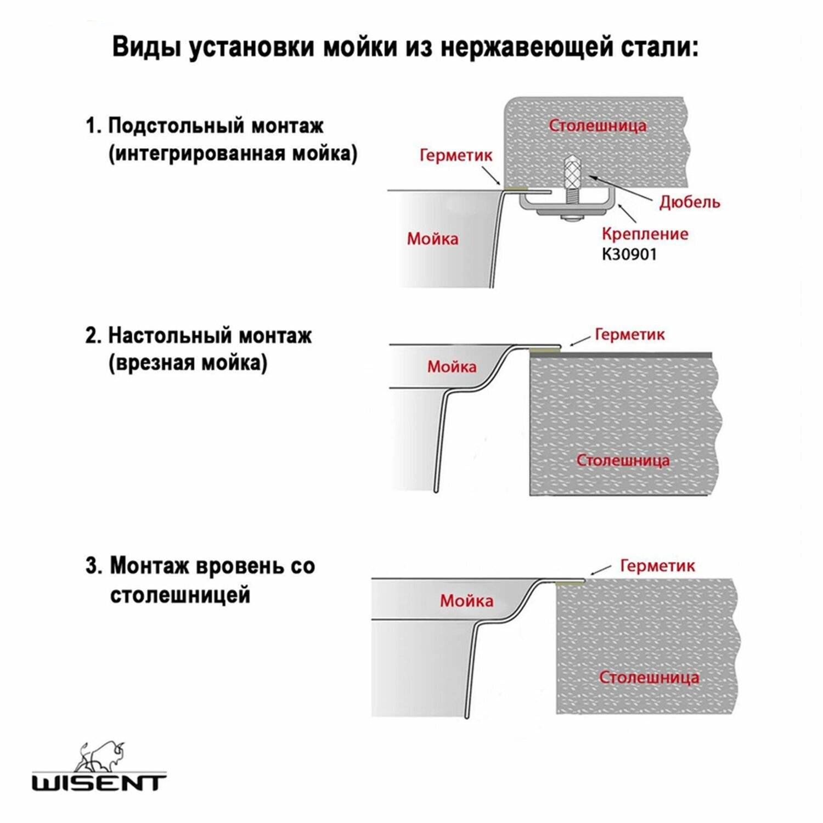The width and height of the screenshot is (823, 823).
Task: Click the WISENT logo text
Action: point(99,782)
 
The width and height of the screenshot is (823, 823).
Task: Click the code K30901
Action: point(629,255)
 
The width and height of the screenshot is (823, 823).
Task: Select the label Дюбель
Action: point(689,202)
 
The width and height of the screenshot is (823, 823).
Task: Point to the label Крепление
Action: point(645,234)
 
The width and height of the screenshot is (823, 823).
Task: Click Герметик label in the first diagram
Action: point(456,155)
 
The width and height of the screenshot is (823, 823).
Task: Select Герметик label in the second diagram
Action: point(629,334)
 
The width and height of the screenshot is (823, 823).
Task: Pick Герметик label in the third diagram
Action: point(657,565)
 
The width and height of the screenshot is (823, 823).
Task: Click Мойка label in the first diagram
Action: point(432,239)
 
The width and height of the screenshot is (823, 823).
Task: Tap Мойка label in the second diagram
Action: point(452,367)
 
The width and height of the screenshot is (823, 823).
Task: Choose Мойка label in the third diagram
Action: point(466,601)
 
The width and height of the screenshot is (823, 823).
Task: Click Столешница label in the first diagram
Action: point(597,125)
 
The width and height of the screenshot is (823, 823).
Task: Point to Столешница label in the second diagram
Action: point(623,460)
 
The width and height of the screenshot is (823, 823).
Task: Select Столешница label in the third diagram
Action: point(649,677)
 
